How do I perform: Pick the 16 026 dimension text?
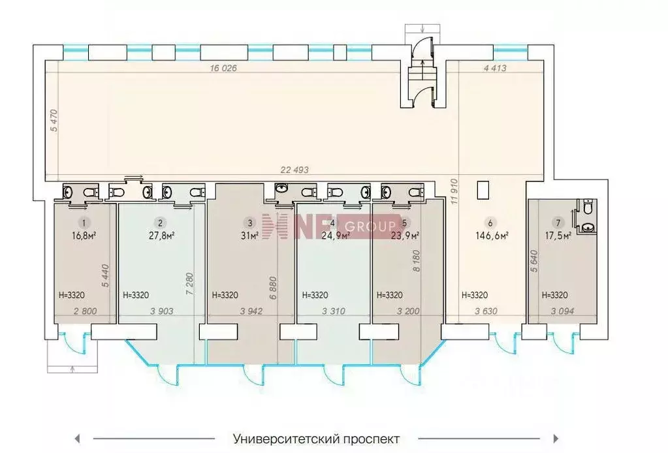(224, 68)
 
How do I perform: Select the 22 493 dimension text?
(294, 170)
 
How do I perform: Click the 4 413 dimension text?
(494, 68)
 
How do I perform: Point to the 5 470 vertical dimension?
(54, 121)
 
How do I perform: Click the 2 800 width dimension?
(85, 311)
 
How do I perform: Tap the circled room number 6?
(490, 222)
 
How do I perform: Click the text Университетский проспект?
(316, 439)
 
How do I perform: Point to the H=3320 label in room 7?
(555, 295)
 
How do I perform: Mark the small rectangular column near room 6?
(483, 190)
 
